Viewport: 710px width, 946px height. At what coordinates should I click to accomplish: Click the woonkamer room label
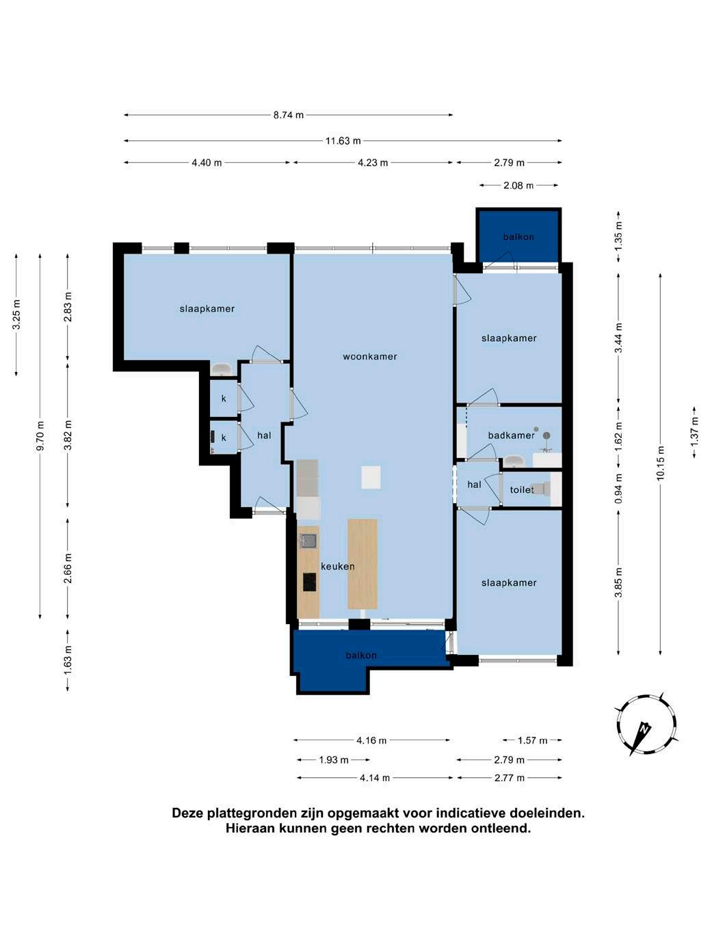tap(369, 356)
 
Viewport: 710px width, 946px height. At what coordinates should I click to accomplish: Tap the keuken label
tap(337, 567)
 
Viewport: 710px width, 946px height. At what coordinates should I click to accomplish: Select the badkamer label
tap(511, 435)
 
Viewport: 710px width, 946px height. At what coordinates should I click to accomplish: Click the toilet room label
tap(522, 489)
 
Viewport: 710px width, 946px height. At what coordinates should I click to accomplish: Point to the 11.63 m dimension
tap(343, 141)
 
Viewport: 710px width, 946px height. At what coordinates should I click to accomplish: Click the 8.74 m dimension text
tap(289, 115)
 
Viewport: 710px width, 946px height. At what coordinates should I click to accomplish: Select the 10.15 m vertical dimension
tap(661, 463)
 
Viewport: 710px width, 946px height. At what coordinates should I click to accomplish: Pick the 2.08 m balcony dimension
tap(518, 185)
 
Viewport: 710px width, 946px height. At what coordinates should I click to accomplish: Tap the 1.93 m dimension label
tap(334, 760)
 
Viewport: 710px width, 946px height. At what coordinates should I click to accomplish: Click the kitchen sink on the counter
tap(308, 541)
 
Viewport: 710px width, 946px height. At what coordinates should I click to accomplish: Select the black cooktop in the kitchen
tap(310, 582)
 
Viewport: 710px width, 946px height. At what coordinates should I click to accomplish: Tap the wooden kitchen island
tap(363, 564)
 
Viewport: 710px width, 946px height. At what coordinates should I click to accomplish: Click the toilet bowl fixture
tap(540, 489)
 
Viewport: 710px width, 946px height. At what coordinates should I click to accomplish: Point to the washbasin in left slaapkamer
tap(222, 369)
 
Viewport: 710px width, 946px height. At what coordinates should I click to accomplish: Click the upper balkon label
tap(518, 237)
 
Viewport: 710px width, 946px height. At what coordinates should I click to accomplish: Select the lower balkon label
tap(361, 656)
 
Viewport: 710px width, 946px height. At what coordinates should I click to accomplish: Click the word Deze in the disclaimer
tap(188, 813)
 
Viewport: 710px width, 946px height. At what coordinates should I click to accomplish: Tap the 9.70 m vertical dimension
tap(40, 435)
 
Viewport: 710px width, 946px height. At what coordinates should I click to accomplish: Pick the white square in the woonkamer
tap(371, 477)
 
